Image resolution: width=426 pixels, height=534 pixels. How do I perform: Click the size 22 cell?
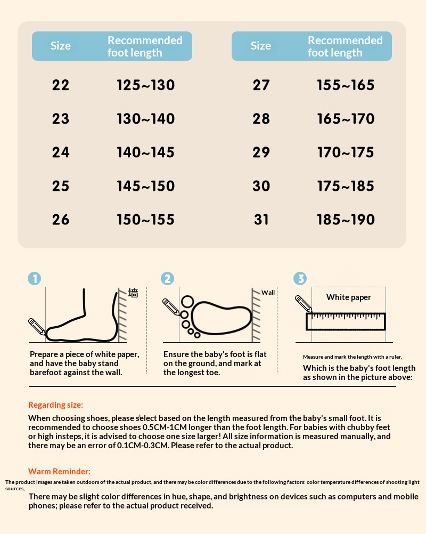point(61,85)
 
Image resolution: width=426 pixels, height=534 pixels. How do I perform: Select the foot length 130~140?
point(145,118)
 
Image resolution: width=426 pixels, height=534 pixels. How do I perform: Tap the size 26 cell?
point(61,220)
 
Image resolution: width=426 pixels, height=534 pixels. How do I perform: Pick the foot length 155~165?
point(346,85)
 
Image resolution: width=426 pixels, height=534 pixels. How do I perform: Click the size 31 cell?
point(261,220)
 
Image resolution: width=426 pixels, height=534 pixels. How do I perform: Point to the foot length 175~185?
point(346,186)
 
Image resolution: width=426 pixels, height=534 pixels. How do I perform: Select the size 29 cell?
point(261,152)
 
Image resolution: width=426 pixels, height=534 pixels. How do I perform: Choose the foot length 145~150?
point(145,186)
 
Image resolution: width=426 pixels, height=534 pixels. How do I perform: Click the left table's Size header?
point(61,46)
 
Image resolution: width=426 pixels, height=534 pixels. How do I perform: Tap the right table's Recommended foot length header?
point(345,46)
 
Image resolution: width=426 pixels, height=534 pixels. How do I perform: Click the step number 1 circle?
point(35,279)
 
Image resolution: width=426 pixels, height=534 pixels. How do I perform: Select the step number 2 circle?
point(167,279)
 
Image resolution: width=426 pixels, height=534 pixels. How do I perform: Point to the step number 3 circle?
point(300,279)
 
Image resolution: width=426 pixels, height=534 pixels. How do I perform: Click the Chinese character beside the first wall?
point(133,293)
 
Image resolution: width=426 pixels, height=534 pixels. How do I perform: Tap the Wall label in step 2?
point(268,293)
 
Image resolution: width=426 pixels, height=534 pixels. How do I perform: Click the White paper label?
point(348,297)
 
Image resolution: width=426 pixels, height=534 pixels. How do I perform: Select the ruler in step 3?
point(346,321)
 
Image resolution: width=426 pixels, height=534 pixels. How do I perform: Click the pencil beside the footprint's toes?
point(171,307)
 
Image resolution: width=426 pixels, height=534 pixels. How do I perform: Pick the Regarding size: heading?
point(55,405)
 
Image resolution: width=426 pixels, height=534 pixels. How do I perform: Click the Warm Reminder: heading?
point(59,471)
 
